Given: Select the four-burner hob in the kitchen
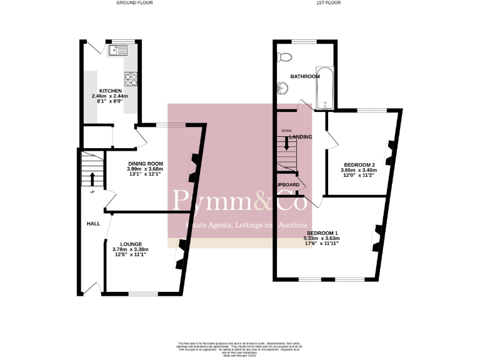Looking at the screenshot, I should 132,79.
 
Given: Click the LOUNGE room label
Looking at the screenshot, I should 131,244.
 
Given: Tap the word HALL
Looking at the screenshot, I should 93,223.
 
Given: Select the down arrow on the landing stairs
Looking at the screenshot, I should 287,142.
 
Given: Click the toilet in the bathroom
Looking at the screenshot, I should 286,57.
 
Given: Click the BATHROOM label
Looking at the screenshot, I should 305,76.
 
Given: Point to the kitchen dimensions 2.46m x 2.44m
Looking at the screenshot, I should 109,96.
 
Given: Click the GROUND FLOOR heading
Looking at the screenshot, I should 134,3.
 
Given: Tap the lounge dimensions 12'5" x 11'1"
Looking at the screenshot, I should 131,255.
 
